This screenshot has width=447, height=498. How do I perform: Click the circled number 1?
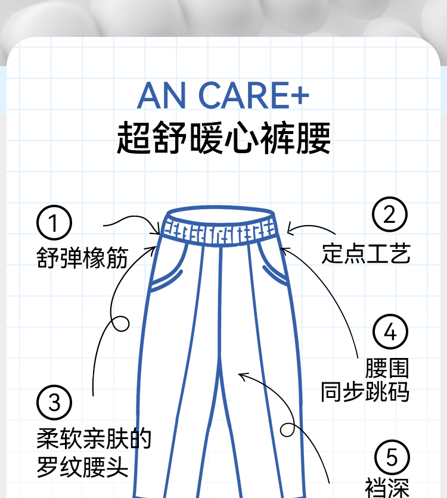click(54, 223)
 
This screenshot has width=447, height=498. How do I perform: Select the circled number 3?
click(54, 403)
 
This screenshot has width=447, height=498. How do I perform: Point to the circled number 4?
click(390, 332)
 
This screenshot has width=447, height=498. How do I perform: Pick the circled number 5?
click(392, 457)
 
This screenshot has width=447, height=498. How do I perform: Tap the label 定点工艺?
click(366, 253)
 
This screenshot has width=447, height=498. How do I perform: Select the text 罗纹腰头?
click(82, 466)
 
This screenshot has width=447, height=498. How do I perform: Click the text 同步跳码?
click(365, 392)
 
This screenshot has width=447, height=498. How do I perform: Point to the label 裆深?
click(387, 488)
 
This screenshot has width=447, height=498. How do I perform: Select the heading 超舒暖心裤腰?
click(223, 138)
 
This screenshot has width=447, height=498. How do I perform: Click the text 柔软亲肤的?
click(94, 439)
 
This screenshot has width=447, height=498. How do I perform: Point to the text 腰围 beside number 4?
click(387, 368)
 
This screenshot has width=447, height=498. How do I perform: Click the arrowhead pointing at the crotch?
click(241, 375)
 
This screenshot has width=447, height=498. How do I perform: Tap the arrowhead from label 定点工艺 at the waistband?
click(288, 230)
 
